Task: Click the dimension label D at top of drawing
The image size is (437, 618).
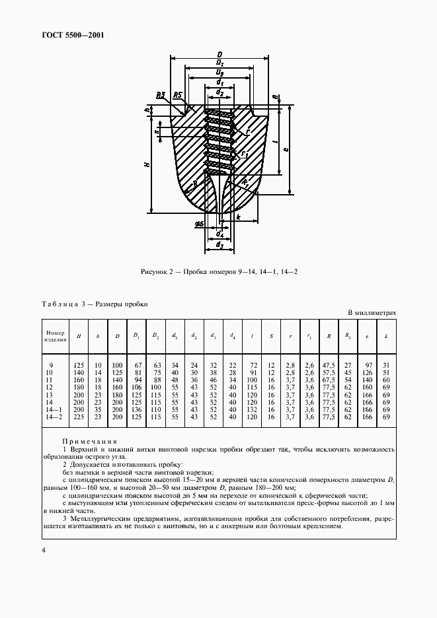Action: (x=219, y=54)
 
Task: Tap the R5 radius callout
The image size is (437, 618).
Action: (x=178, y=95)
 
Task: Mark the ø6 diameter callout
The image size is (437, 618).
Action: (x=199, y=224)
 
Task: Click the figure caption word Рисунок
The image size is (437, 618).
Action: (x=157, y=272)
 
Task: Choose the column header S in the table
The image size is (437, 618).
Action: (x=271, y=337)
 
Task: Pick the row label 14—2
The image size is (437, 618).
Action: (x=52, y=417)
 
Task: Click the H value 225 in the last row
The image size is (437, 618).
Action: (x=79, y=417)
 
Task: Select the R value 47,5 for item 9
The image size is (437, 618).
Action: (x=328, y=364)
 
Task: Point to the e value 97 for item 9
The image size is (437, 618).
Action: (x=367, y=364)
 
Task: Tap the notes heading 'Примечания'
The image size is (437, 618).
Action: (x=89, y=442)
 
